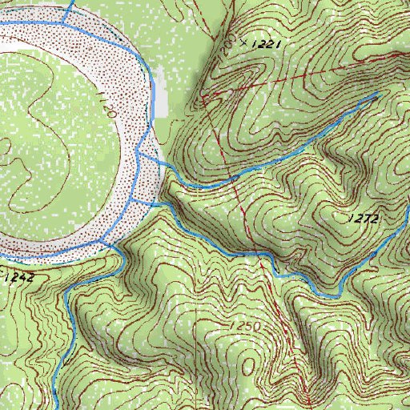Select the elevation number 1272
[363, 218]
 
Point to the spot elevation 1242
[19, 277]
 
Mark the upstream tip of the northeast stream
[377, 94]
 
